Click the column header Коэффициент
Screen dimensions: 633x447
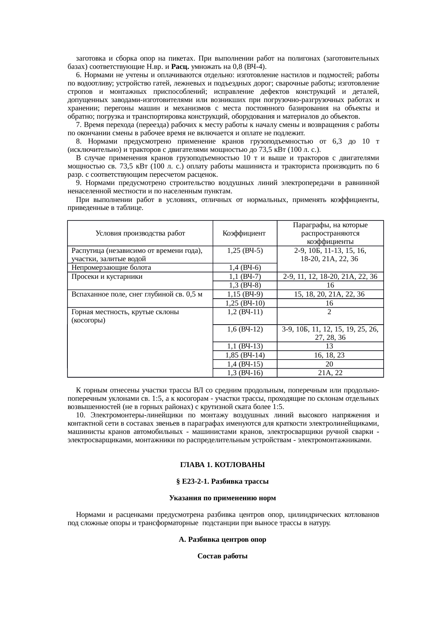click(x=244, y=233)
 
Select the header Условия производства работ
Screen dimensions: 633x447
click(x=140, y=233)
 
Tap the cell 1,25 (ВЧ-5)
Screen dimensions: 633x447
click(x=245, y=250)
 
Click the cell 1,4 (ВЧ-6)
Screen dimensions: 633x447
click(x=245, y=268)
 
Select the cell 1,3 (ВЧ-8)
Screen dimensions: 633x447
click(x=245, y=286)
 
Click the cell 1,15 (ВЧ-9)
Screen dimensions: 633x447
click(x=245, y=294)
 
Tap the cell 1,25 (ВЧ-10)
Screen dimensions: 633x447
click(x=245, y=303)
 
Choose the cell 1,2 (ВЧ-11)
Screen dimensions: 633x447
click(x=245, y=312)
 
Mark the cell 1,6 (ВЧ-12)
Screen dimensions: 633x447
click(x=245, y=329)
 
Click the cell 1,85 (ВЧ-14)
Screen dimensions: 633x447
click(x=245, y=355)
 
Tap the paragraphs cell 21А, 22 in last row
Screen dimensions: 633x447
click(x=330, y=373)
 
